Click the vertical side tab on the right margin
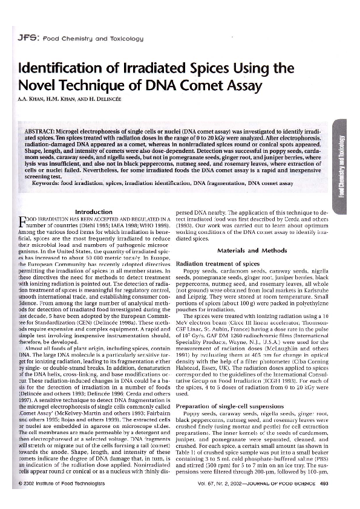pyautogui.click(x=342, y=164)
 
